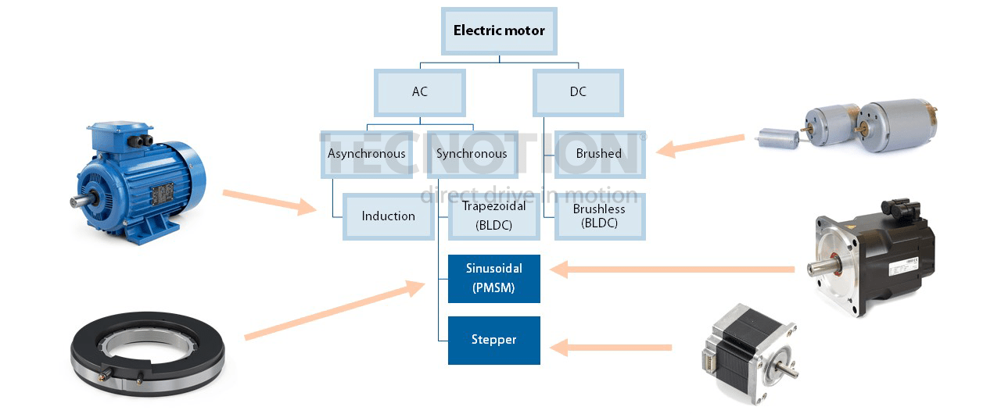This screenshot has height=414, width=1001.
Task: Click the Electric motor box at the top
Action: pos(499,32)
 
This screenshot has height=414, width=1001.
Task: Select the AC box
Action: pos(420,92)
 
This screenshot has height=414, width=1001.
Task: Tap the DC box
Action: pos(578,92)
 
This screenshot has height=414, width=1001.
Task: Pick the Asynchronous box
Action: pos(366,153)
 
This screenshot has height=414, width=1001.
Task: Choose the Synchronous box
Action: pos(472,153)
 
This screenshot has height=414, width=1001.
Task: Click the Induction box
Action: pos(388,216)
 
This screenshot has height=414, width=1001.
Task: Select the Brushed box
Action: pos(599,153)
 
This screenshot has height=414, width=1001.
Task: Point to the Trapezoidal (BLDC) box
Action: pos(493,216)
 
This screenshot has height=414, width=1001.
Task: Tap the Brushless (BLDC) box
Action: pos(599,216)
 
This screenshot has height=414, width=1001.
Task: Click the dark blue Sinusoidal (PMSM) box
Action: pos(493,278)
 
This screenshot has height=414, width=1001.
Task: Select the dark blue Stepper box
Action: pos(493,340)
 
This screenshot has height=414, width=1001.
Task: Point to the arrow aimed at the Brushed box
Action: pos(700,145)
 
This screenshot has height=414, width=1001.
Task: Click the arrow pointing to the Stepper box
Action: pos(610,346)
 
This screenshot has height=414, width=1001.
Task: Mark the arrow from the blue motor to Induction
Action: pos(270,202)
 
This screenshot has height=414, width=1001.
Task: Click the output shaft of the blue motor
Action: pos(79,202)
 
